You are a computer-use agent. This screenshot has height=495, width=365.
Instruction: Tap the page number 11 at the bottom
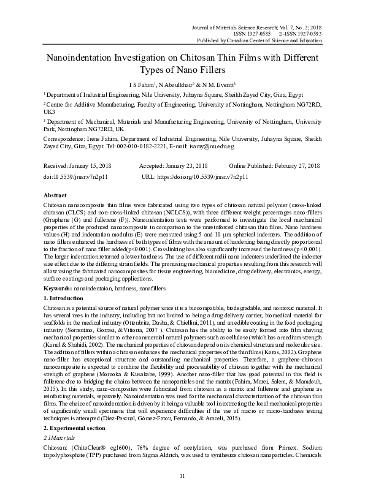(182, 476)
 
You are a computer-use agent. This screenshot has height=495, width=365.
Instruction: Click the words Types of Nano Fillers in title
(182, 70)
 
